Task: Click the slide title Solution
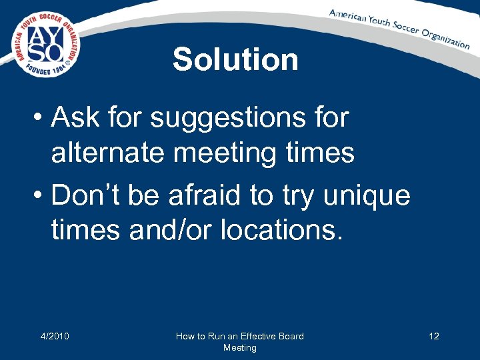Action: coord(235,59)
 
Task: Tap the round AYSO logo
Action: coord(45,43)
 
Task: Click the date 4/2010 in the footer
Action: coord(54,336)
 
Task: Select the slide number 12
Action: coord(433,336)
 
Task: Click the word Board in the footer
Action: coord(291,336)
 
